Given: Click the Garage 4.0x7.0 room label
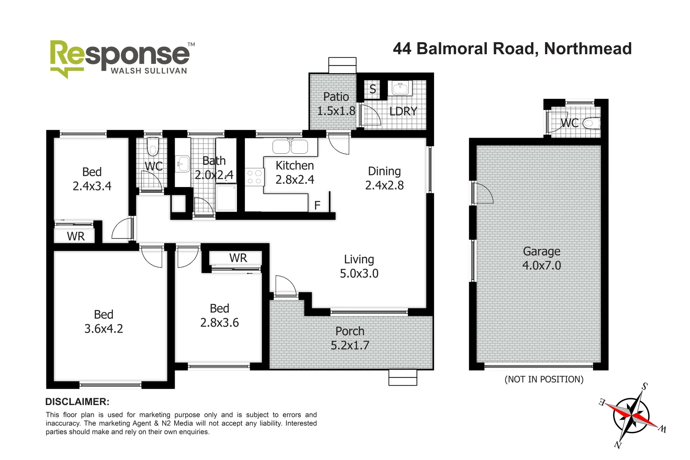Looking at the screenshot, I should click(541, 259).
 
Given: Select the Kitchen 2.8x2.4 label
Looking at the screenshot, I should click(295, 172).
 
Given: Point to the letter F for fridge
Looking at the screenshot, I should click(317, 206).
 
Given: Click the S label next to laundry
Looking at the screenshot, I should click(373, 89).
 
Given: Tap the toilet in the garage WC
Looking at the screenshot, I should click(591, 124).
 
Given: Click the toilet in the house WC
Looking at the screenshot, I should click(152, 147).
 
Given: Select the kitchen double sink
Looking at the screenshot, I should click(290, 147).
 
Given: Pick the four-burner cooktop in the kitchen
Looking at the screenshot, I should click(254, 177).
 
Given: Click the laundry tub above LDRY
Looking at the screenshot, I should click(400, 89).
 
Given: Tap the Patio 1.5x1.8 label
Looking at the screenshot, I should click(336, 104).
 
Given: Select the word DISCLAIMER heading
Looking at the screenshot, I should click(77, 402).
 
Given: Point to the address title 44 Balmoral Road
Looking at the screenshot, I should click(512, 49).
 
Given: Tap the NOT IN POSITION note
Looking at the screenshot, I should click(544, 379).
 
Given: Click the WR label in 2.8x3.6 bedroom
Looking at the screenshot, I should click(238, 258).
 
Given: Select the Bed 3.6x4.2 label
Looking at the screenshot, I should click(103, 322).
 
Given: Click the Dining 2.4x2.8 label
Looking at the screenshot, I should click(384, 178).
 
